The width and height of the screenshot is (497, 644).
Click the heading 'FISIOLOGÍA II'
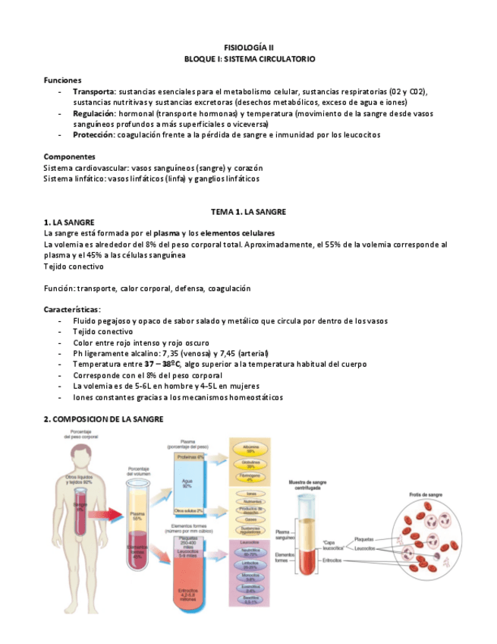click(x=249, y=47)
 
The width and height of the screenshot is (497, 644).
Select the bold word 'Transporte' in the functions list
click(x=94, y=91)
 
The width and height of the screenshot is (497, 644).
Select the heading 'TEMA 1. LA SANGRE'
click(x=248, y=211)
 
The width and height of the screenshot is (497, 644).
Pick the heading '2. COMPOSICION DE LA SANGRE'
click(x=103, y=419)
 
